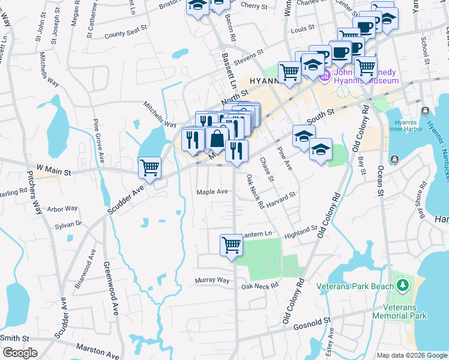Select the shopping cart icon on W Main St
pyautogui.click(x=149, y=168)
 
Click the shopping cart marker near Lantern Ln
pyautogui.click(x=231, y=245)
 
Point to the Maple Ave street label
pyautogui.click(x=212, y=192)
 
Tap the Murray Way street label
pyautogui.click(x=212, y=280)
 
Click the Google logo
pyautogui.click(x=19, y=353)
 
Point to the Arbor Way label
pyautogui.click(x=62, y=209)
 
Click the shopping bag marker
pyautogui.click(x=216, y=139)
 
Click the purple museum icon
pyautogui.click(x=326, y=76)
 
